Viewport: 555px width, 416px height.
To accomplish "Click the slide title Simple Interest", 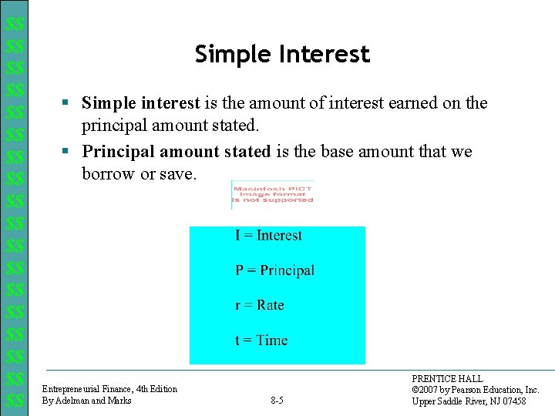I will point(282,55).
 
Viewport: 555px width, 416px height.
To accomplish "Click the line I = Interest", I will point(268,236).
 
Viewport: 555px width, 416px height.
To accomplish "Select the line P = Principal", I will point(274,270).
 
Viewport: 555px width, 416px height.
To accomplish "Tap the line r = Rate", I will point(259,305).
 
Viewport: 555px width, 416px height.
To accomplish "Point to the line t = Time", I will point(261,341).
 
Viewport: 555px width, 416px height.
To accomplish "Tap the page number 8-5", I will point(277,401).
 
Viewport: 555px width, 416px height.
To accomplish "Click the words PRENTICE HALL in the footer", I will point(448,379).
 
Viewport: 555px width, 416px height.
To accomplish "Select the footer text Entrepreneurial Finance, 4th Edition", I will point(109,389).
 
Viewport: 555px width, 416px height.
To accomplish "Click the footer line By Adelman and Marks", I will point(86,401).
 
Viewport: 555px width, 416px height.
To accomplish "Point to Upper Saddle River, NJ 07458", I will point(469,401).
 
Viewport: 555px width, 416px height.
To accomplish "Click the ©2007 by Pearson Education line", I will point(476,390).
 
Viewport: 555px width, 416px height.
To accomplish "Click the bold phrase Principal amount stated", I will point(177,152).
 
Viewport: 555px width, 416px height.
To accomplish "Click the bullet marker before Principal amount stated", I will point(68,152).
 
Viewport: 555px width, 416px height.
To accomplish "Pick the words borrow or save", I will point(140,174).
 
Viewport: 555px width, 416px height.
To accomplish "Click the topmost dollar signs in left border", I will point(14,25).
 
